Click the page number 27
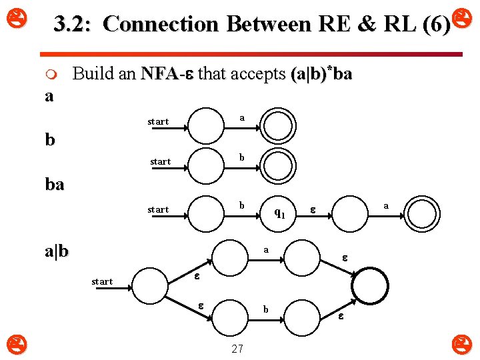237,348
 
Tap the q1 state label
280,213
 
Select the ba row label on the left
55,185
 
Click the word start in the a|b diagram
102,281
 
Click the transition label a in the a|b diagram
265,250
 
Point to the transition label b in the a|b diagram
265,309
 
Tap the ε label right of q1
313,210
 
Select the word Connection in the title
162,24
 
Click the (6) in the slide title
436,25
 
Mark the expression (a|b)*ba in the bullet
321,73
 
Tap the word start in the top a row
158,121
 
